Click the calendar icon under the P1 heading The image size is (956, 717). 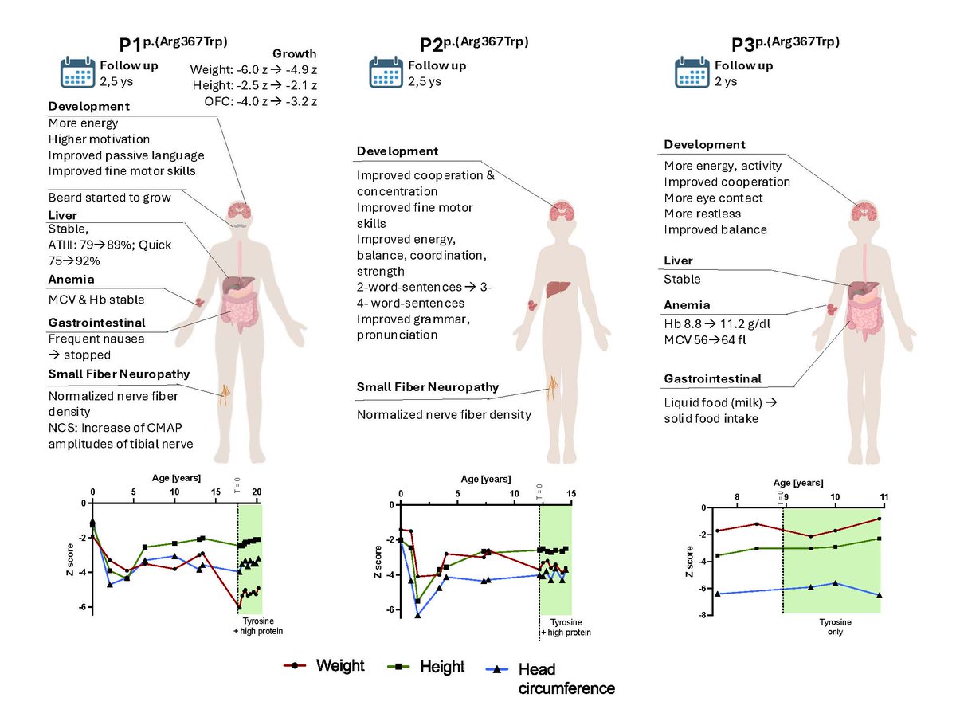(x=78, y=72)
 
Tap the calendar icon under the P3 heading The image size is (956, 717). (x=692, y=72)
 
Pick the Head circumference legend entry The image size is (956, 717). (x=550, y=678)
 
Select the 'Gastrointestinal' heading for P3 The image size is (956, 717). (x=712, y=378)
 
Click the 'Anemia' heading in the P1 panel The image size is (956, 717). (x=71, y=280)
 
